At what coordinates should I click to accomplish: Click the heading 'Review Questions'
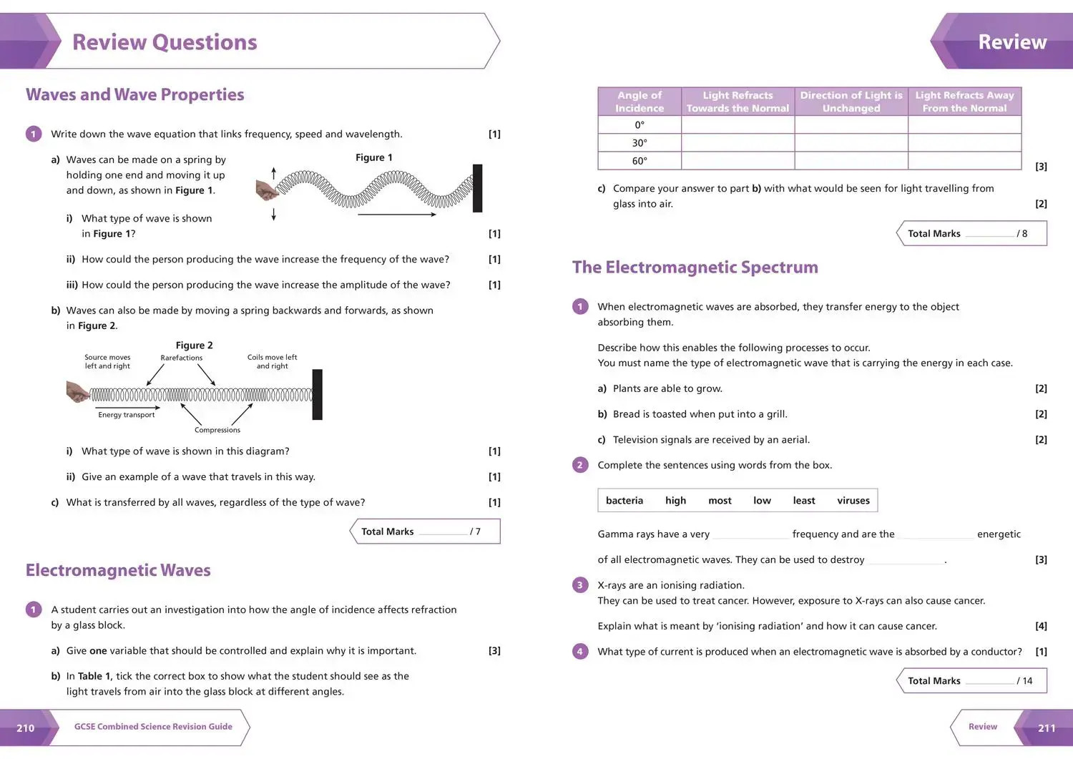point(165,42)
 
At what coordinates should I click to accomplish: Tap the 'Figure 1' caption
point(373,157)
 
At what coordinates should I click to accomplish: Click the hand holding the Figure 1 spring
point(266,190)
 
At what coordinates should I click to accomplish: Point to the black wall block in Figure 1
point(477,188)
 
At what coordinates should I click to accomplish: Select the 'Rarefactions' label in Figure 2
point(181,358)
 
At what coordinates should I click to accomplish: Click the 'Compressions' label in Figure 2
point(217,430)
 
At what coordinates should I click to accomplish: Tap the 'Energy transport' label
point(126,415)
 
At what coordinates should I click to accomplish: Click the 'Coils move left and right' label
point(272,361)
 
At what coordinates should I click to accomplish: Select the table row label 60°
point(640,161)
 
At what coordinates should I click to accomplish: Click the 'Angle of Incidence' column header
point(640,102)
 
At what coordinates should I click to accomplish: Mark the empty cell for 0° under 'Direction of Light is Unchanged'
point(851,125)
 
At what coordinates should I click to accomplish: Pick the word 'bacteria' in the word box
point(624,501)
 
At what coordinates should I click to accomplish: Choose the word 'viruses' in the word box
point(853,501)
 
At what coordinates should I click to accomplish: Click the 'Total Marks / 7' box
point(426,532)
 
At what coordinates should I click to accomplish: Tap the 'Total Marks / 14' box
point(972,681)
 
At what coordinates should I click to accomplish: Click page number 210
point(26,728)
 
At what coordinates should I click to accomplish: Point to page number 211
point(1046,728)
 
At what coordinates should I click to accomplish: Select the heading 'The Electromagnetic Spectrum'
point(695,268)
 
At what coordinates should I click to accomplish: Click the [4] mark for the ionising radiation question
point(1041,626)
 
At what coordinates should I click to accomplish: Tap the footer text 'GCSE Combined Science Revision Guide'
point(153,727)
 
